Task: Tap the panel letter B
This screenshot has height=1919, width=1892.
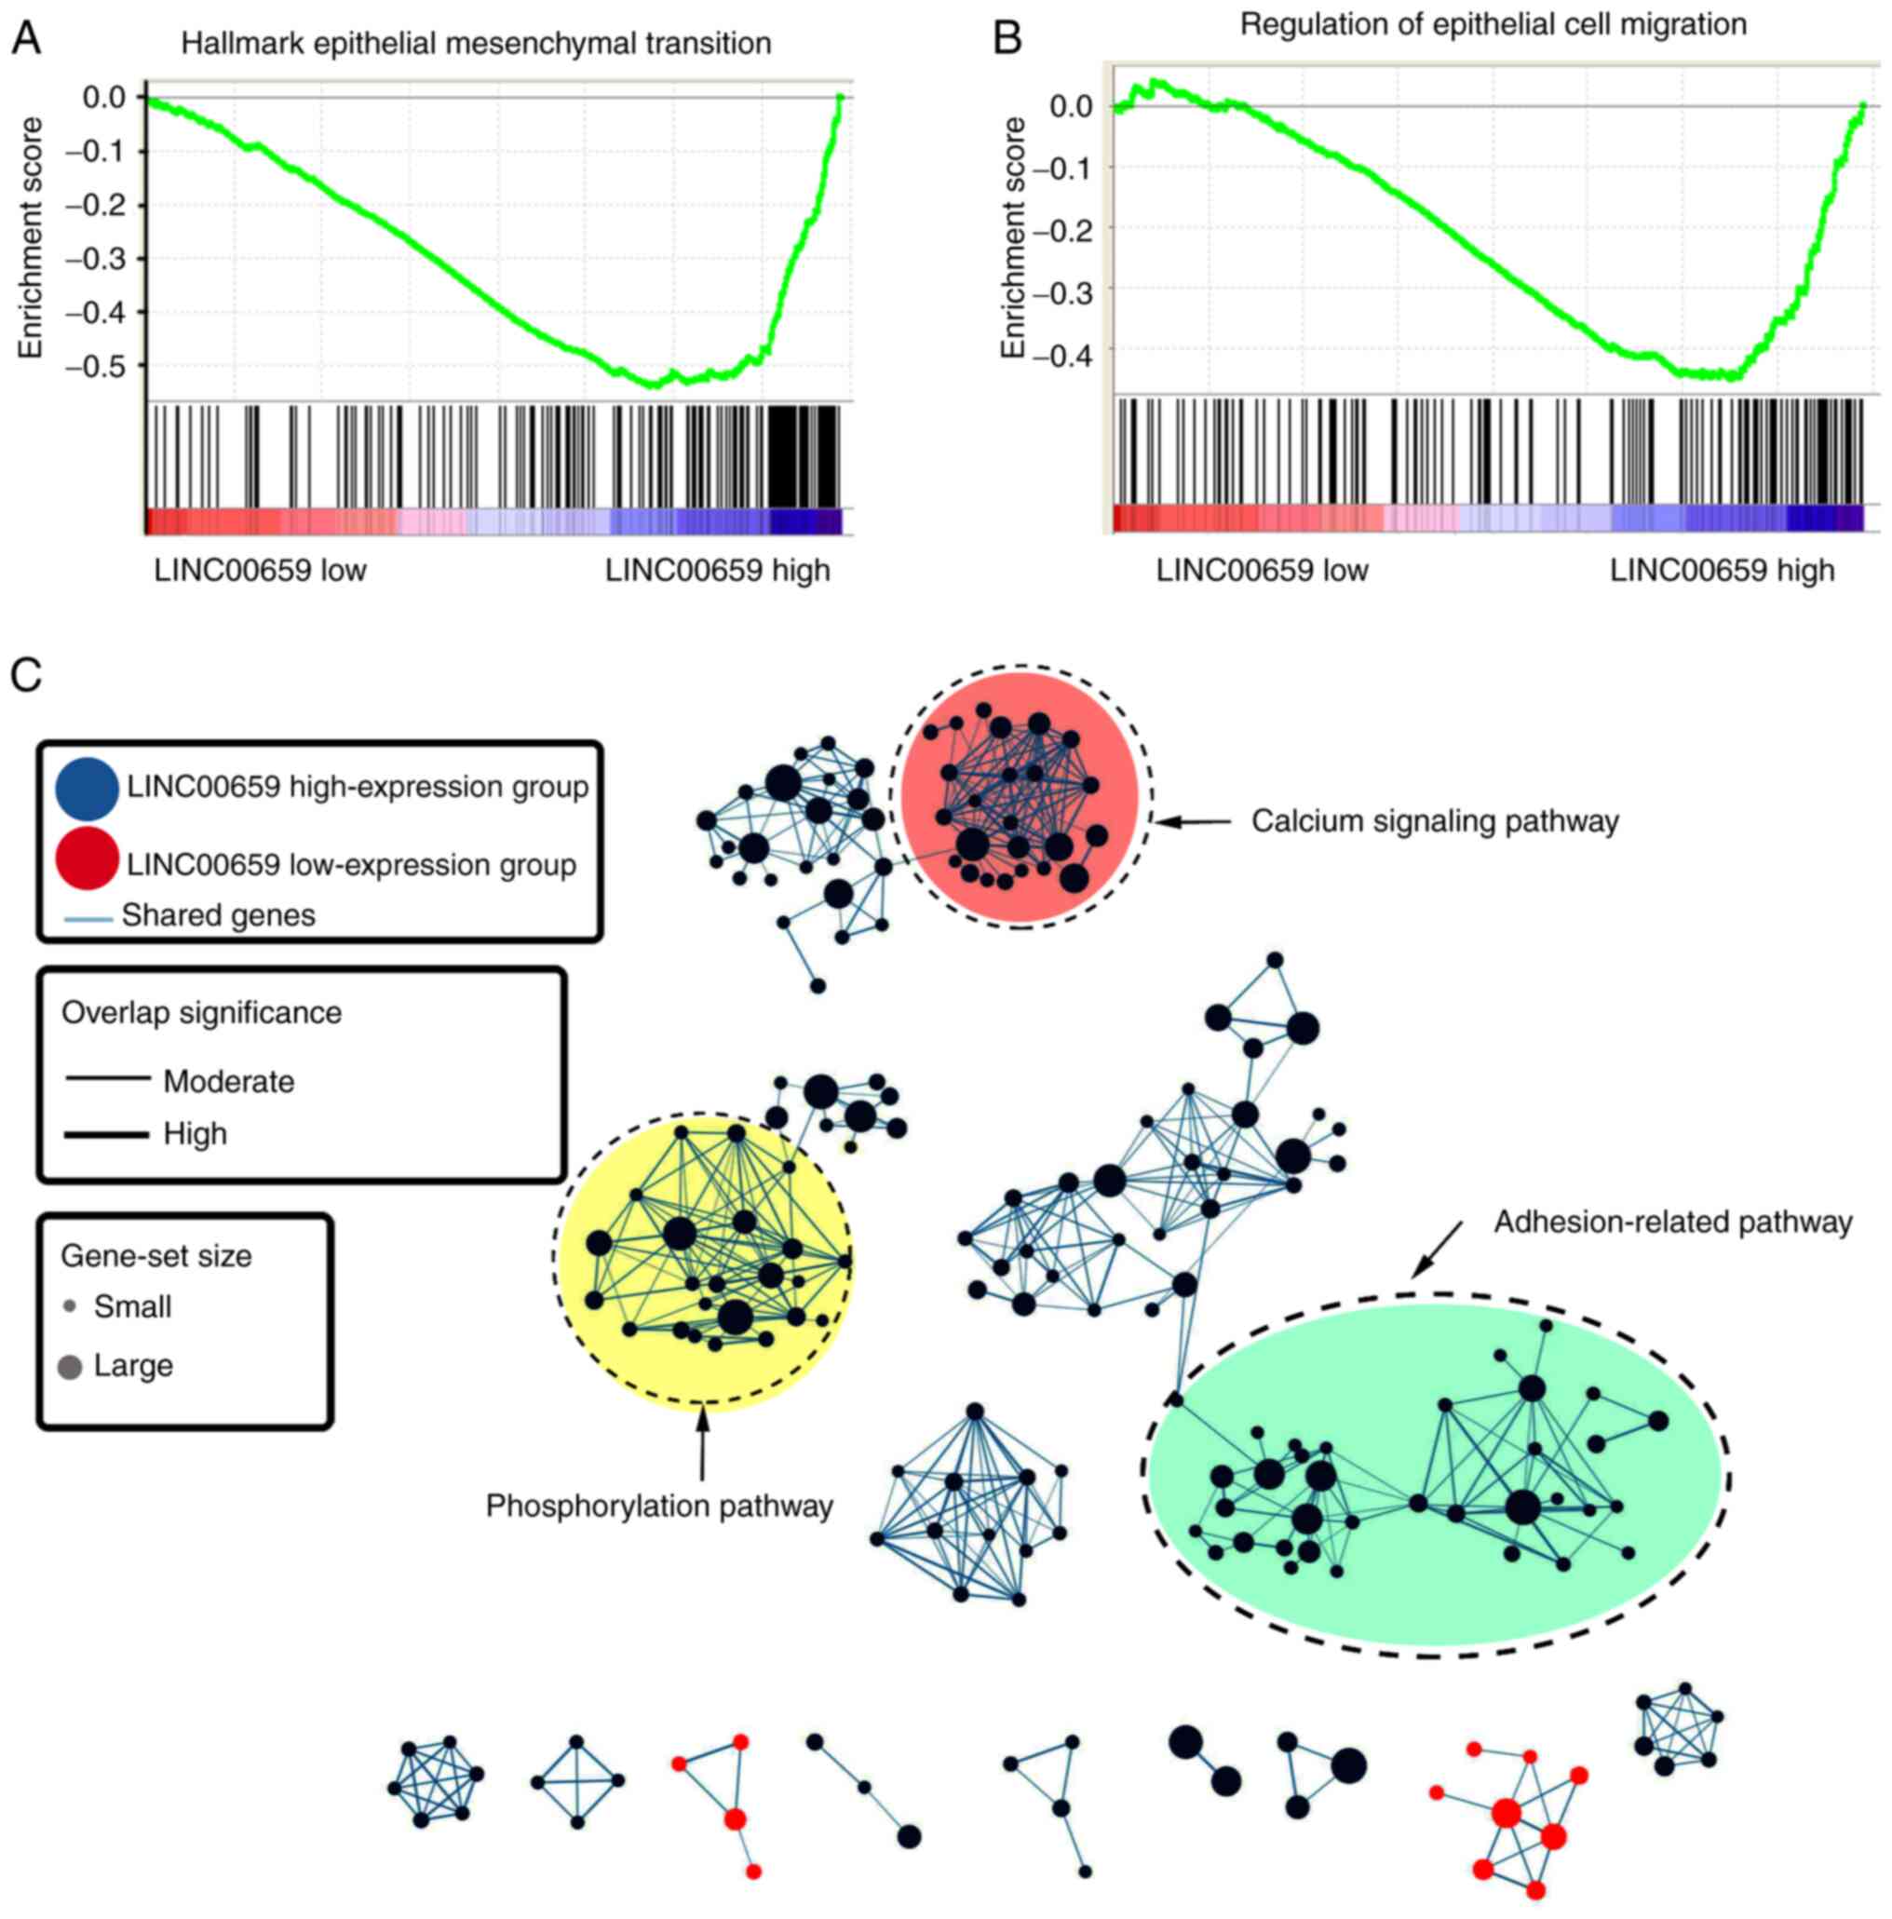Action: pos(1007,39)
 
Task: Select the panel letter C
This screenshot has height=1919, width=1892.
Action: pos(26,674)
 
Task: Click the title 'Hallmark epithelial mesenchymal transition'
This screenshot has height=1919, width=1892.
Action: pos(476,44)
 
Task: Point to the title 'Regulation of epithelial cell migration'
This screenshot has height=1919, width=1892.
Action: pos(1493,24)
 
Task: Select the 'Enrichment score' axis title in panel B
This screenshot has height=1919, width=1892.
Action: pos(1012,237)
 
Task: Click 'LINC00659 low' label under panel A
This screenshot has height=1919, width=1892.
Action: pos(260,571)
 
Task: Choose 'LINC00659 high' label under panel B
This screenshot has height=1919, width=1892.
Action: pos(1722,571)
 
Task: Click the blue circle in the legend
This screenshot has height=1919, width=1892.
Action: pos(88,788)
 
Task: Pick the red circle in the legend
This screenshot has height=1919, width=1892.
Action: pos(88,858)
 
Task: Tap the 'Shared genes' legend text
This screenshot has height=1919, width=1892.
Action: pos(218,914)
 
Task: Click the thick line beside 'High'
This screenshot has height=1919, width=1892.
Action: pos(107,1133)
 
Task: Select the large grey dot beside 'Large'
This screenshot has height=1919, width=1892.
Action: pos(70,1368)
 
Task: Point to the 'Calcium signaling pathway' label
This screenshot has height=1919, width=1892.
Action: pos(1434,821)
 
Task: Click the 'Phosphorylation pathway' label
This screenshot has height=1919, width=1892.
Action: pos(658,1506)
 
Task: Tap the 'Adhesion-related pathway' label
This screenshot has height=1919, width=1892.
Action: pos(1672,1222)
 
